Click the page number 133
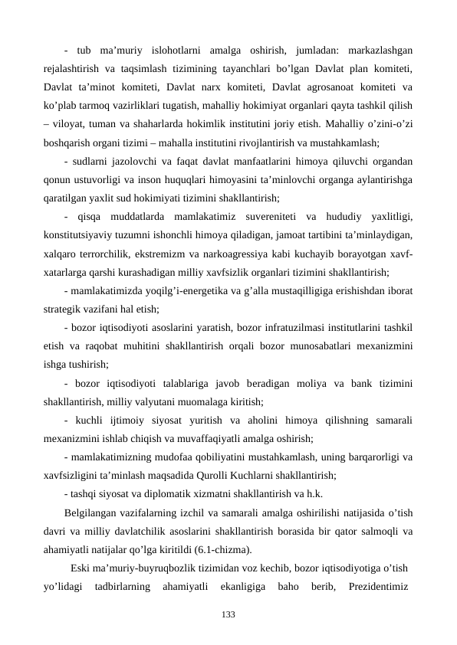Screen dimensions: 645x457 coord(228,614)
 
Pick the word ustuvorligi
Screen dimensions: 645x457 coord(103,177)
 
